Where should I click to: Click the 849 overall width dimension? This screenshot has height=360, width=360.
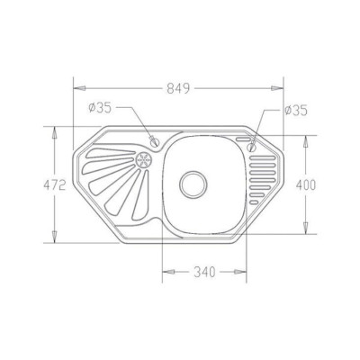pyautogui.click(x=178, y=88)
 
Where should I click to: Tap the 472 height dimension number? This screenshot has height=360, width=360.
pyautogui.click(x=54, y=185)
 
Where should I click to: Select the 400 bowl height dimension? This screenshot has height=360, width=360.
pyautogui.click(x=306, y=185)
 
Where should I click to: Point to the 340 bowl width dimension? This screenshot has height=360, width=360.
pyautogui.click(x=204, y=272)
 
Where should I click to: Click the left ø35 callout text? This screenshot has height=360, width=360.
pyautogui.click(x=100, y=108)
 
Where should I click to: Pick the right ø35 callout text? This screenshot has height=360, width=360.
pyautogui.click(x=296, y=111)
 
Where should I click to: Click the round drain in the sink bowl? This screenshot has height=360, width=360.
pyautogui.click(x=193, y=184)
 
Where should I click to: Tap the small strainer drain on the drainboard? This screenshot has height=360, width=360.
pyautogui.click(x=143, y=159)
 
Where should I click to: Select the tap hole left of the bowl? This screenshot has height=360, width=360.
pyautogui.click(x=155, y=141)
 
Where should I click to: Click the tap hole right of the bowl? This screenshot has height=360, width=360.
pyautogui.click(x=251, y=148)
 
